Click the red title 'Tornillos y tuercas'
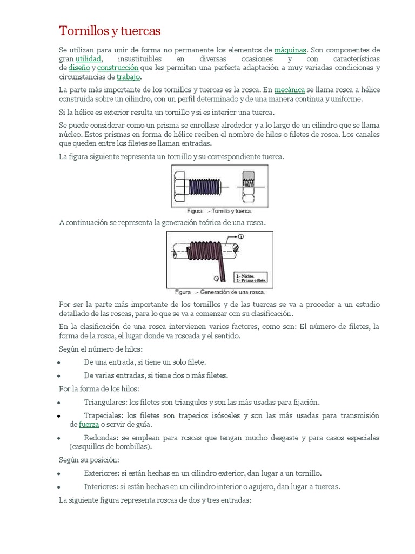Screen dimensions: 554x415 click(109, 30)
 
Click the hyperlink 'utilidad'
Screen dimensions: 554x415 click(89, 58)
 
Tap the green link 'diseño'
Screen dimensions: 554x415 click(79, 68)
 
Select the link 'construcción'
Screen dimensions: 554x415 click(117, 68)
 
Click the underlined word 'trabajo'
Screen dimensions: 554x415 click(129, 77)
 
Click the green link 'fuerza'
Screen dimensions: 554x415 click(89, 425)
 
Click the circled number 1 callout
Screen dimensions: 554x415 click(241, 237)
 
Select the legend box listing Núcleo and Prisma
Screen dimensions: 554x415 click(250, 278)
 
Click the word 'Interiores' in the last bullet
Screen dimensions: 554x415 click(101, 486)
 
